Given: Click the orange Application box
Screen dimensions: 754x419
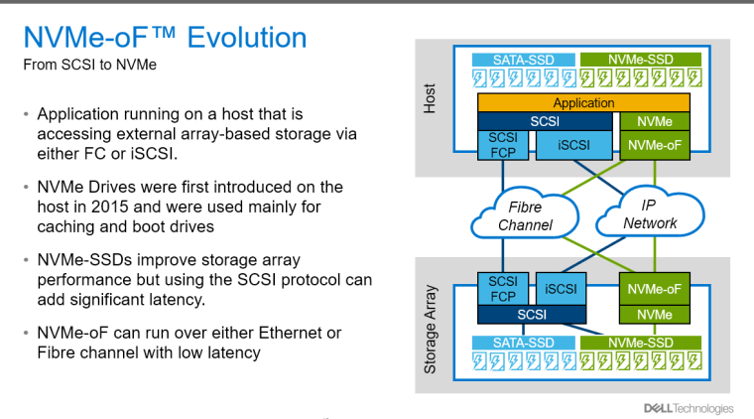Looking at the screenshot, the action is (583, 103).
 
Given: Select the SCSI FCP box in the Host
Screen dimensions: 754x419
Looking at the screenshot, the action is (503, 145).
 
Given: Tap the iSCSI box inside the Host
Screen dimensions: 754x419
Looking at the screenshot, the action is (574, 145).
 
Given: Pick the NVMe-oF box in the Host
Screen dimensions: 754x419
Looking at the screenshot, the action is (655, 145).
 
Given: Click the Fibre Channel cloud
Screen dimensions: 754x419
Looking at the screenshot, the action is (525, 214).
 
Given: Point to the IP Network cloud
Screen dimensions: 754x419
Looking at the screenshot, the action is (650, 213).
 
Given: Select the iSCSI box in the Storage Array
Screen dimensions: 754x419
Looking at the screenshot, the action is (562, 289).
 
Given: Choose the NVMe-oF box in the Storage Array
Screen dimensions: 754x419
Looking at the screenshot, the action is (655, 289).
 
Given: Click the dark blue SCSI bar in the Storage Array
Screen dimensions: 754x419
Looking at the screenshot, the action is (532, 315).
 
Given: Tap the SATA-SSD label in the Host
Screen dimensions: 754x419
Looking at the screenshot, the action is (524, 60).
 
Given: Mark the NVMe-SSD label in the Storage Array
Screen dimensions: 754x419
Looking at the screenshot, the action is (641, 343).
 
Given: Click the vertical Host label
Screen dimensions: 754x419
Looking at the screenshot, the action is (430, 98).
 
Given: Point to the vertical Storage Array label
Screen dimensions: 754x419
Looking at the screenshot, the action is (430, 330).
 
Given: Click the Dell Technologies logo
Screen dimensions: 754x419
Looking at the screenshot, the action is (689, 408).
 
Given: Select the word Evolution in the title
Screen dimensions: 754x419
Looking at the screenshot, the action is (247, 38).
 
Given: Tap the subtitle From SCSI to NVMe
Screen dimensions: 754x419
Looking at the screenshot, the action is (90, 65).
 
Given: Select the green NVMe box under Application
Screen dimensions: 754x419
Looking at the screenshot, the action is (655, 122).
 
